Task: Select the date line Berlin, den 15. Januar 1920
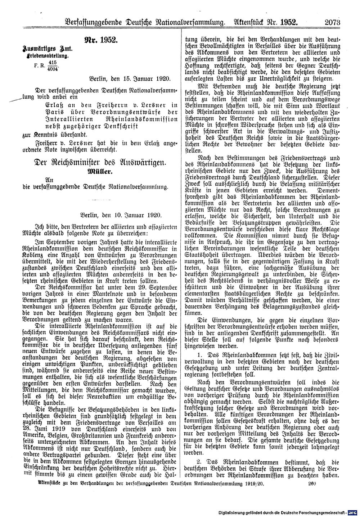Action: point(127,78)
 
